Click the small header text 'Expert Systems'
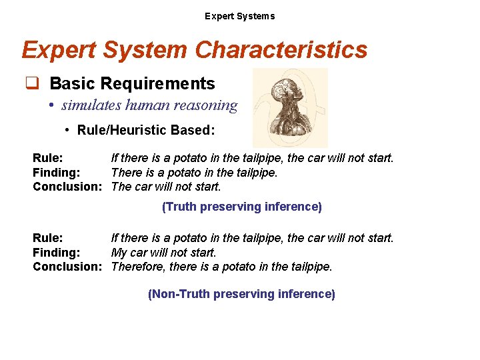coord(239,16)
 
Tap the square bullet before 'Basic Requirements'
coord(31,84)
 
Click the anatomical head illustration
coord(290,107)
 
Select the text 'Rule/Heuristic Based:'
coord(146,130)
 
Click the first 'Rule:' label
coord(48,159)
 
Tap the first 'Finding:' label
coord(57,173)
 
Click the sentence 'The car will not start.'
coord(166,187)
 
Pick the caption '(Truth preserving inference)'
coord(241,207)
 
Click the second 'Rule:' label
coord(48,238)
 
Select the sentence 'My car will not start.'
coord(164,253)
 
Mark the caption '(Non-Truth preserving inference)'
coord(241,294)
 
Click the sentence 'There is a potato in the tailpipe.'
coord(194,173)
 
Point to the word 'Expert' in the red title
coord(59,50)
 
